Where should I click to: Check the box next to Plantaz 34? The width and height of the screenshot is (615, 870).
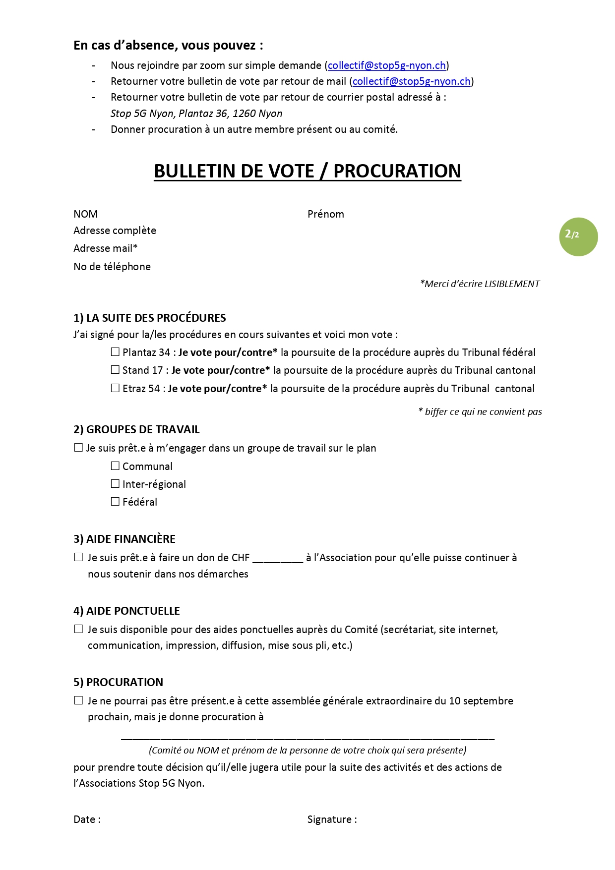(x=115, y=352)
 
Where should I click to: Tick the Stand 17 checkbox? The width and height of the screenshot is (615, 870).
(x=115, y=370)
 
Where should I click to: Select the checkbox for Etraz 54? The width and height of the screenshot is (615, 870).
(x=115, y=388)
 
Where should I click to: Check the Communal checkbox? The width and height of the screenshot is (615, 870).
(x=115, y=466)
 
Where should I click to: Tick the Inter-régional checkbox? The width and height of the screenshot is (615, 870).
(x=115, y=484)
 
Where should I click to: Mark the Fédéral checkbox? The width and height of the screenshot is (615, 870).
(x=115, y=502)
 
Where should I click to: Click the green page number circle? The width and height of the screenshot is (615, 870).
(x=578, y=236)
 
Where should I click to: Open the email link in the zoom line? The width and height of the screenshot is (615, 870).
(x=387, y=65)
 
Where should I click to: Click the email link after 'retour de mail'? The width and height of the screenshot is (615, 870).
(x=411, y=81)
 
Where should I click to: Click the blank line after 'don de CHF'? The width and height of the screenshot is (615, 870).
(x=278, y=560)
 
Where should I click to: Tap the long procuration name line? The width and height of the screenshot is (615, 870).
(x=307, y=738)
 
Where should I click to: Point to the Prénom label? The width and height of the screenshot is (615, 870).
(x=325, y=214)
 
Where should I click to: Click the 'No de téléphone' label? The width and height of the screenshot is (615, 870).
(x=112, y=267)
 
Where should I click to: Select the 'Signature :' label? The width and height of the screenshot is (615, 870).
(x=332, y=819)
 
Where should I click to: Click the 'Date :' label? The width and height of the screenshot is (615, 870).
(x=87, y=819)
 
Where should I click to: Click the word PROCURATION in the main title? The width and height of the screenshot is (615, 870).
(x=397, y=171)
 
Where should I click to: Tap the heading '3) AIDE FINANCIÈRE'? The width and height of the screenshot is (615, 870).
(x=124, y=539)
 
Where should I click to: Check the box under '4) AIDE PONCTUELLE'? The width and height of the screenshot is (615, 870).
(x=78, y=629)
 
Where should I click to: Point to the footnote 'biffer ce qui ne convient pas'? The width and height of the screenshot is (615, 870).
(x=480, y=412)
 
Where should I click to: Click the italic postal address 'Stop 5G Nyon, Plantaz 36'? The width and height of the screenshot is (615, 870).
(x=196, y=114)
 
